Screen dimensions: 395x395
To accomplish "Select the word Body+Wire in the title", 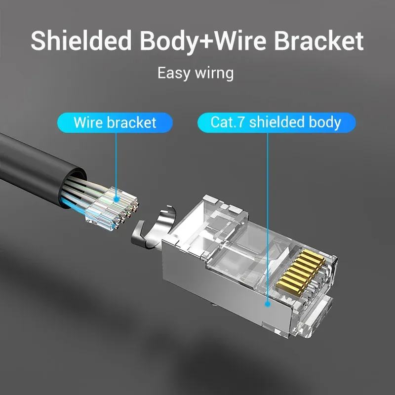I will tap(203, 41).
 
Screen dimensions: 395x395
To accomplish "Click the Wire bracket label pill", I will tap(115, 122).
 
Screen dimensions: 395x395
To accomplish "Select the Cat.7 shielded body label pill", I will tap(276, 122).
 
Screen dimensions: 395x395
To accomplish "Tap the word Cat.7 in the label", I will tap(228, 122).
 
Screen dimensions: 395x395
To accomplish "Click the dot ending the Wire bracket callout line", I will tap(117, 200).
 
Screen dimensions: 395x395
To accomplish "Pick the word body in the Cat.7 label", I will tap(326, 122).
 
